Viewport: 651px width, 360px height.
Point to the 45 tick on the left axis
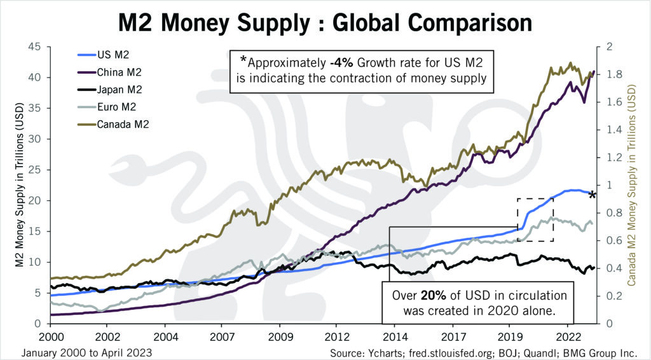34,47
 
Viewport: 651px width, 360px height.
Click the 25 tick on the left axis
34,170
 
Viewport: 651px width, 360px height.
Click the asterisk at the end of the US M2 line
592,195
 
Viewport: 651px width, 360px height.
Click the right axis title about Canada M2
634,184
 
